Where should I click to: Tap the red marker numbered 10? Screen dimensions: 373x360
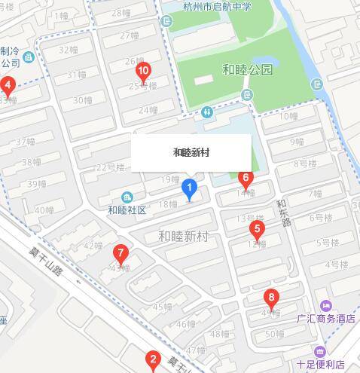143,72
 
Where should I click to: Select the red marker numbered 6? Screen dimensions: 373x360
245,179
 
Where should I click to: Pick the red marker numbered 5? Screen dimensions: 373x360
257,229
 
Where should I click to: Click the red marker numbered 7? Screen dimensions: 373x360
120,253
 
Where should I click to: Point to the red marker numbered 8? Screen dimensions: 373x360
271,297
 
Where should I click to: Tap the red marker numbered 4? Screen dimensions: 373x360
8,84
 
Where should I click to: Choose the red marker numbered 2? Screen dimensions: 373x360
153,359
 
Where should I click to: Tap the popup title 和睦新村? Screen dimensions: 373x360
191,152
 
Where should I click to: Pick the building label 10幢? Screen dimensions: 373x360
289,116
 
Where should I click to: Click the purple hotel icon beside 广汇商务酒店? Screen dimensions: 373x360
326,305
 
